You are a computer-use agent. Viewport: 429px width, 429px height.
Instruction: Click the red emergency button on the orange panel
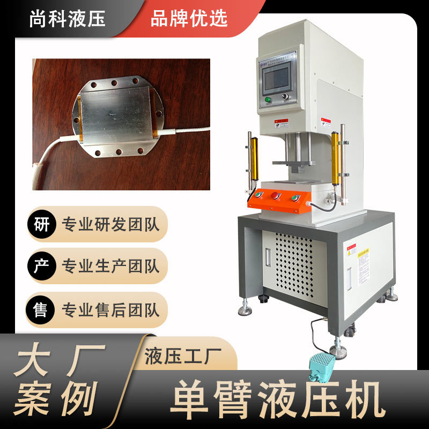pos(276,196)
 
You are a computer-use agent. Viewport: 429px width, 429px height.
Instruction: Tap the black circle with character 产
pos(41,267)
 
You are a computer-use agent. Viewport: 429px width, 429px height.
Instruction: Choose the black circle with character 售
pos(41,309)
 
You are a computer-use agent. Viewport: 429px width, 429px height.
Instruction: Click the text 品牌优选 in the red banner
pos(189,18)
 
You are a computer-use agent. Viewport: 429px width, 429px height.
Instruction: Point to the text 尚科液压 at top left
pos(68,18)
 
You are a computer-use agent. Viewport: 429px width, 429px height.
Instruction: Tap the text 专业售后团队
pos(111,310)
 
